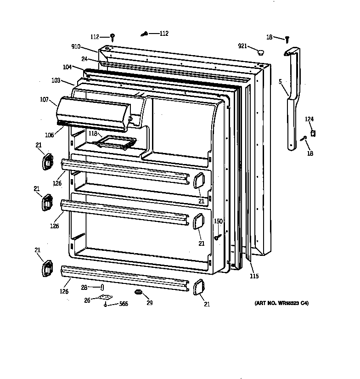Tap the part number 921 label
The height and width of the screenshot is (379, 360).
[x=243, y=46]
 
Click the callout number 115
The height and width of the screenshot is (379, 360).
[x=254, y=276]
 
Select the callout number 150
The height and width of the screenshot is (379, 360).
[x=218, y=221]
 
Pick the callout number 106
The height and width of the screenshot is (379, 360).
[x=50, y=135]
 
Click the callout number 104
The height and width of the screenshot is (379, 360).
[x=67, y=67]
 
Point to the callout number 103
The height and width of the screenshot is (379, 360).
[x=56, y=80]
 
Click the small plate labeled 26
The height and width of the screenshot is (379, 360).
[x=106, y=297]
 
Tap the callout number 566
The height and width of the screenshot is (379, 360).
[x=124, y=304]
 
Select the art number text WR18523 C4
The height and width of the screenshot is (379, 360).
[x=281, y=303]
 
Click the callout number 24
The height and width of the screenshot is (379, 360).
[x=84, y=59]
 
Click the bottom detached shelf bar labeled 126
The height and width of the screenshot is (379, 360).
[x=124, y=278]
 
